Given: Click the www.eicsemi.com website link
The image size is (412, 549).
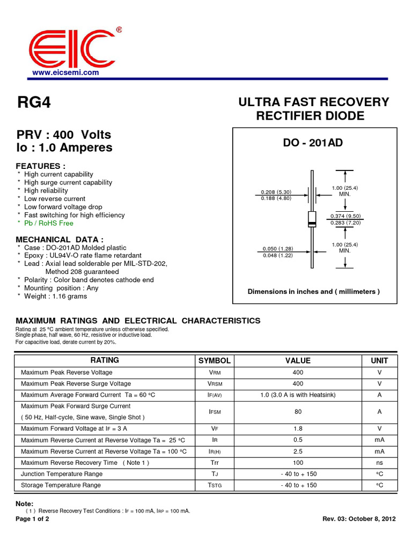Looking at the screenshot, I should pos(65,72).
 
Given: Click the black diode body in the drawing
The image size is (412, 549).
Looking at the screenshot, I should pos(312,218).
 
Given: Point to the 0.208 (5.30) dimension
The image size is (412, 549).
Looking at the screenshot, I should pos(276,192).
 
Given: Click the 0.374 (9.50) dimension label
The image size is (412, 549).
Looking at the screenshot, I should pos(345,216).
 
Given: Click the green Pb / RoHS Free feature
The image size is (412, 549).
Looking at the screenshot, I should pos(49,223).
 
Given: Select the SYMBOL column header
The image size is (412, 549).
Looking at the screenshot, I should pos(215,361).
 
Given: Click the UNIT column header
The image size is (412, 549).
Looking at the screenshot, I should pos(379,361).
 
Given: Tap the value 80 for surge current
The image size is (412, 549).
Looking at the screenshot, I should pos(298,412).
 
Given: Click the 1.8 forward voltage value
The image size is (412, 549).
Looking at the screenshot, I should pos(298,429).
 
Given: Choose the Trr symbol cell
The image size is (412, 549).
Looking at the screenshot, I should pos(215,463).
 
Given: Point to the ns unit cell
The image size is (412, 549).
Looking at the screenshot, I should pos(379,463).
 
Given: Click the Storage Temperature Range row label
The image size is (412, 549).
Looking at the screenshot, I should pos(61,485).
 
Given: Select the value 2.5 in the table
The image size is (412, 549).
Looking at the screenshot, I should pos(298,451).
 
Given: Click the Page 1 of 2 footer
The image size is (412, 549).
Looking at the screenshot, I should pos(33,520).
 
